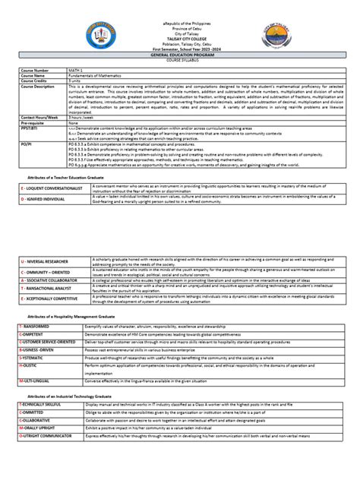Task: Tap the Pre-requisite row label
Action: point(35,122)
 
